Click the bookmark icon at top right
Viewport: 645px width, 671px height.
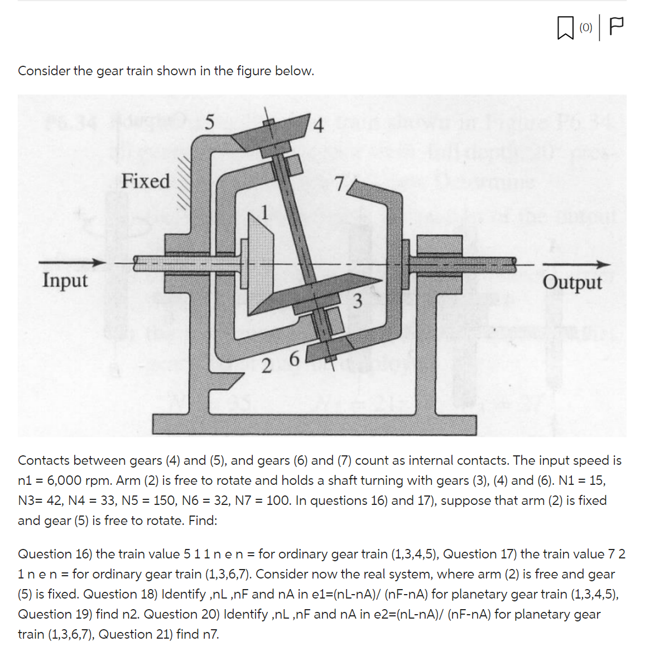(x=565, y=28)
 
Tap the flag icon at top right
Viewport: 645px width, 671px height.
(x=616, y=27)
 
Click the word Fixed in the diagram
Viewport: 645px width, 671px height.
(x=146, y=181)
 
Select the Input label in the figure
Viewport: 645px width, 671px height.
(x=65, y=280)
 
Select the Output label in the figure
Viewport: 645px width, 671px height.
(x=572, y=282)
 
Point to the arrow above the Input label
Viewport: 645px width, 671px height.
(x=72, y=262)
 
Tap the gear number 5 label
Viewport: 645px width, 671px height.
(x=209, y=123)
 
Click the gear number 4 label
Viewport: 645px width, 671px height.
(x=318, y=126)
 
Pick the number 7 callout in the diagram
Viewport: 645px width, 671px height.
(x=339, y=183)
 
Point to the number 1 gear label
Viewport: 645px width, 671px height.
(x=266, y=212)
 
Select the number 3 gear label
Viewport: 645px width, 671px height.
(x=358, y=301)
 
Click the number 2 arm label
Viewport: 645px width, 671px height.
(x=267, y=366)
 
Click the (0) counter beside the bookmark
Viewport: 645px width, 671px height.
(x=585, y=27)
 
